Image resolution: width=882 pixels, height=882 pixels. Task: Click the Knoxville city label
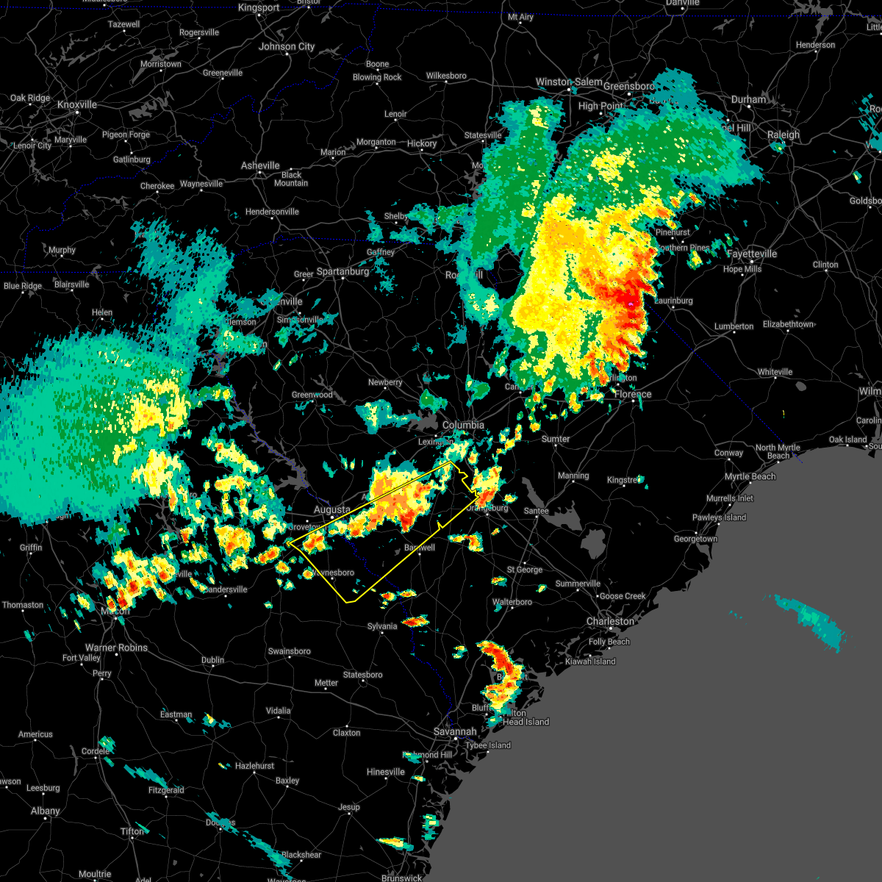77,105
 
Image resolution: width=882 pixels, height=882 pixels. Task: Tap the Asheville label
260,166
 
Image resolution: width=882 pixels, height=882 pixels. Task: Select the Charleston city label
610,622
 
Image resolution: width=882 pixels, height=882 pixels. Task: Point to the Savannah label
454,732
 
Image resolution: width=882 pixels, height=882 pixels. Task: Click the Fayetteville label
751,254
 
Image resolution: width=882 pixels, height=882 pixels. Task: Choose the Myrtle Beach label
750,476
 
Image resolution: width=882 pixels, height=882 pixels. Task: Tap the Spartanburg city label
343,272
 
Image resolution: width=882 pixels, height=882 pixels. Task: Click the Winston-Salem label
568,82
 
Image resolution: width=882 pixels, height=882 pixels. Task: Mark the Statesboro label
362,675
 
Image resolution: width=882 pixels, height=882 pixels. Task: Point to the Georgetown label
695,539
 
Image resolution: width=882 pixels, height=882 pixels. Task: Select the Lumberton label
734,326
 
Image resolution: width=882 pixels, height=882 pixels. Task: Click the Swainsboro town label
289,651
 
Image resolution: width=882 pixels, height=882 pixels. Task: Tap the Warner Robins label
116,648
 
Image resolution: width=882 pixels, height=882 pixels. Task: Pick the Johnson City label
287,47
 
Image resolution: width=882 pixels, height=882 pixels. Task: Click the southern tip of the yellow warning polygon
348,602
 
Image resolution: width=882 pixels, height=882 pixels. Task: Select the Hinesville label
385,772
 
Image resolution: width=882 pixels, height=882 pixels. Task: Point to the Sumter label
555,439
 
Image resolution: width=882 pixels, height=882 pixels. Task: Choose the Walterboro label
512,602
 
